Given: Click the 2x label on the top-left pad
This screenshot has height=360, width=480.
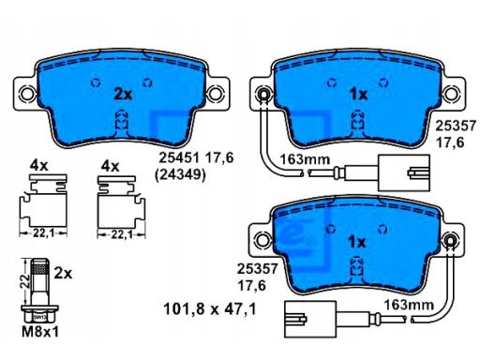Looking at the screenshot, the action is pyautogui.click(x=123, y=94).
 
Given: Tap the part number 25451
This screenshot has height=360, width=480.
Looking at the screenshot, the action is pyautogui.click(x=179, y=157).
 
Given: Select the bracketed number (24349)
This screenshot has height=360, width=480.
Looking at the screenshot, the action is pyautogui.click(x=180, y=174).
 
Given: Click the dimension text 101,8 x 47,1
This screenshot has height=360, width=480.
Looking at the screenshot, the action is pyautogui.click(x=210, y=309).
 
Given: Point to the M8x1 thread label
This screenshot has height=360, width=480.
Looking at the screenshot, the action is pyautogui.click(x=40, y=332).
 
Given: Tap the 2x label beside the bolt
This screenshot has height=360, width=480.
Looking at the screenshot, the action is pyautogui.click(x=63, y=274).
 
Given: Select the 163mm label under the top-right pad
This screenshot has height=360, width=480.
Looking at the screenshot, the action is pyautogui.click(x=305, y=159).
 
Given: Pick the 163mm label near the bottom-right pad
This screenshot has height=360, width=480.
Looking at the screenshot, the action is pyautogui.click(x=409, y=305).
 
